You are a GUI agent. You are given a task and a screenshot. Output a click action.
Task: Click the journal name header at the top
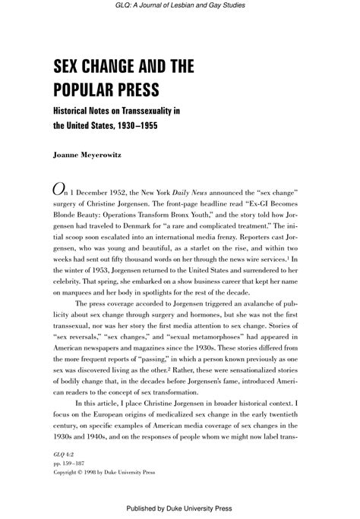pos(180,5)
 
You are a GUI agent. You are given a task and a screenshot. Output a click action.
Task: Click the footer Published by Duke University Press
pos(180,509)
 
